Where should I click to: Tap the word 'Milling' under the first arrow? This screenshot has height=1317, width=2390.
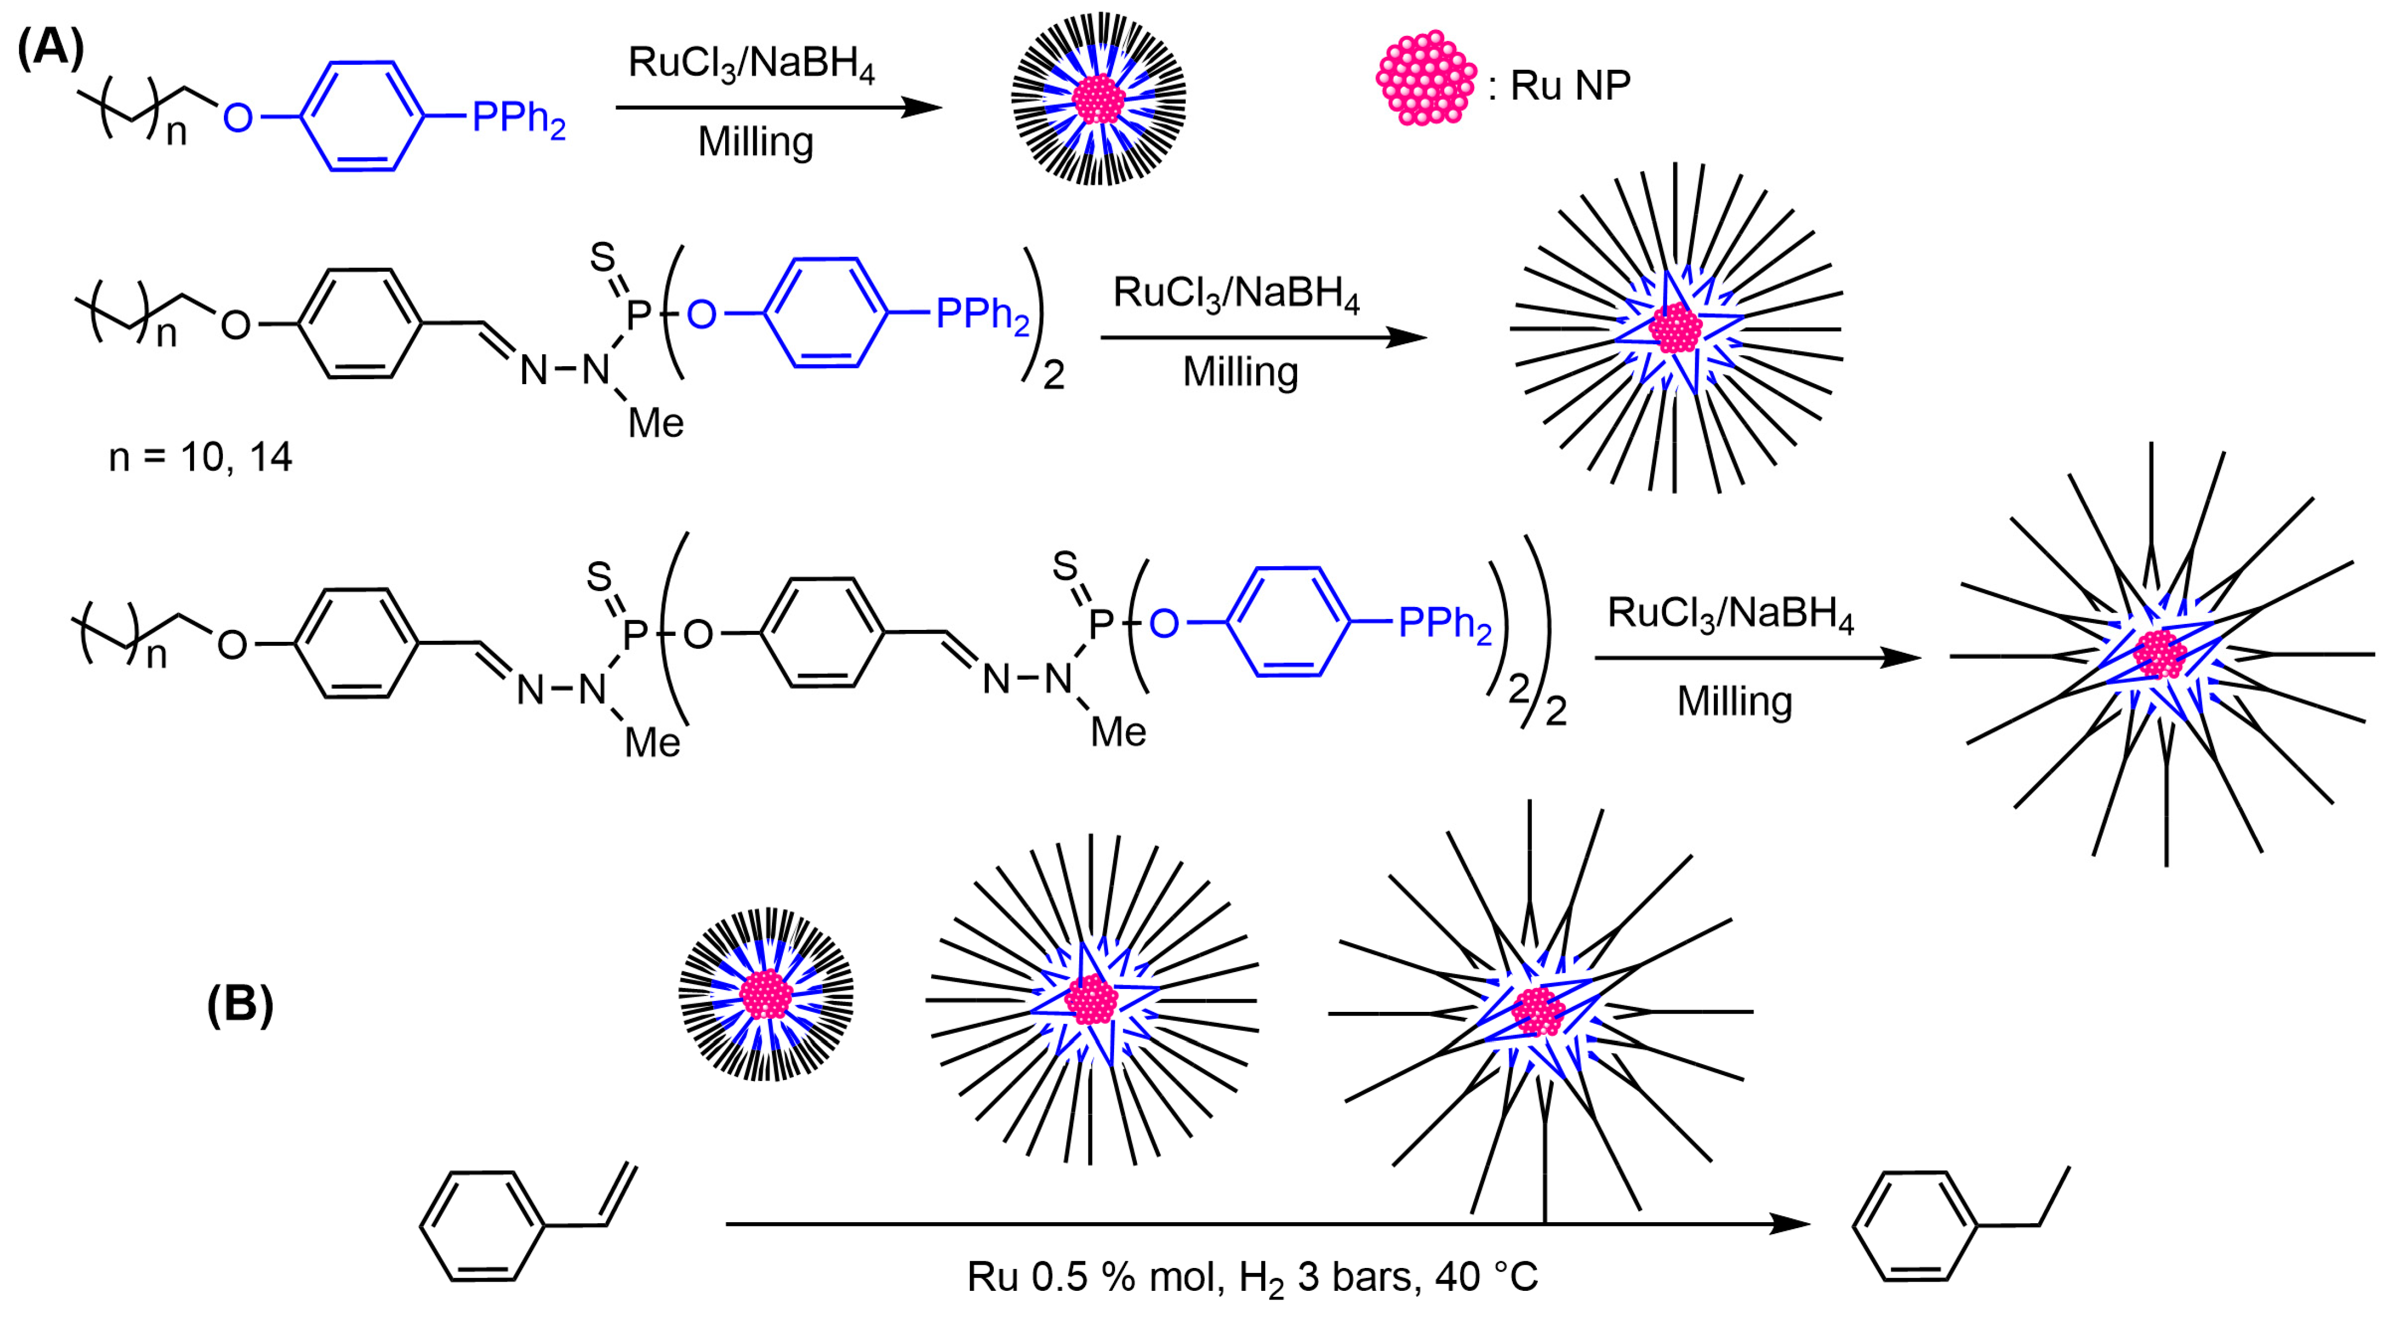tap(755, 142)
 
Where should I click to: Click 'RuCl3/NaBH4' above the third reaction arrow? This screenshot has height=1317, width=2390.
tap(1730, 615)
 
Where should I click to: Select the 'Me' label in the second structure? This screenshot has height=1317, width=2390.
tap(656, 424)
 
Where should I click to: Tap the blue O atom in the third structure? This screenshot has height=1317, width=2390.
tap(1164, 624)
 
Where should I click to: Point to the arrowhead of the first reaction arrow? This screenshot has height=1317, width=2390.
tap(923, 108)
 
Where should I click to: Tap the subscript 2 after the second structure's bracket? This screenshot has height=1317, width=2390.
tap(1054, 376)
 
